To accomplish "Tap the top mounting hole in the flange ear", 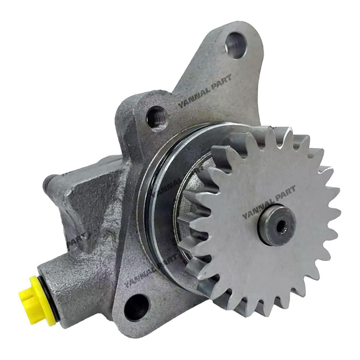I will click(236, 45).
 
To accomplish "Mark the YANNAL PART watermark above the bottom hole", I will click(151, 272).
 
